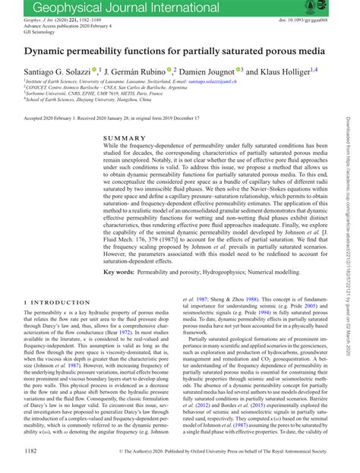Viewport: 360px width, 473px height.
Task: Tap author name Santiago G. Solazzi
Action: [58, 71]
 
